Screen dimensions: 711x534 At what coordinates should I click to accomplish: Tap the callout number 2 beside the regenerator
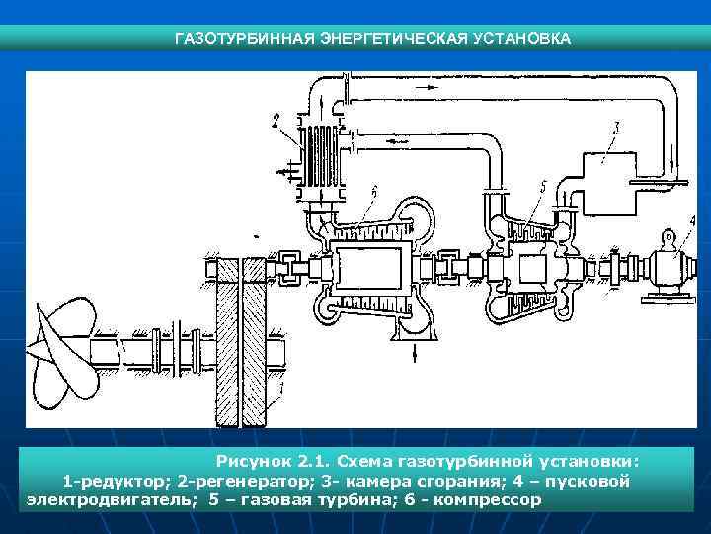point(277,122)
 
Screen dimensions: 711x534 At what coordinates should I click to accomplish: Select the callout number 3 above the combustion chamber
point(615,126)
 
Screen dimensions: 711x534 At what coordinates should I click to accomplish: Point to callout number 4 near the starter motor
point(691,220)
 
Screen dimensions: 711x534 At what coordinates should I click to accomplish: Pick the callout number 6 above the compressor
point(372,191)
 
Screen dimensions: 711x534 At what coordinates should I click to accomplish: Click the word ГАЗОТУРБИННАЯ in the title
point(230,39)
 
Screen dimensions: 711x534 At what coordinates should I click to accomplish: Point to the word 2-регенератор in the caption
point(244,481)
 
